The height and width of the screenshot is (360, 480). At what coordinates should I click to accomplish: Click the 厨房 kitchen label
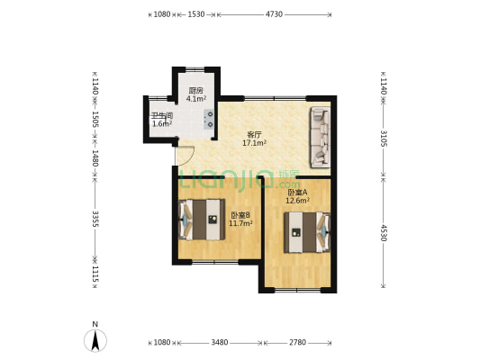(x=195, y=90)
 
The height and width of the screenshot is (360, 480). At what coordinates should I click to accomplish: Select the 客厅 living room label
(x=254, y=135)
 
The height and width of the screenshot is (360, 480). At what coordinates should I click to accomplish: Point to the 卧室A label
(x=297, y=192)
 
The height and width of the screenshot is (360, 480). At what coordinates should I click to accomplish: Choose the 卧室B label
(x=240, y=214)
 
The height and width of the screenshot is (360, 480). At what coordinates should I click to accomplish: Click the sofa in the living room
(x=320, y=138)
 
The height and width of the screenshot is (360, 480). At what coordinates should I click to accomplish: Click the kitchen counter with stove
(x=210, y=120)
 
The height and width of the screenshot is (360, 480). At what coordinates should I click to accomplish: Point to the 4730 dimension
(x=275, y=14)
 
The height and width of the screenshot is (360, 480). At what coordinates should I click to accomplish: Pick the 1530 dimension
(x=196, y=14)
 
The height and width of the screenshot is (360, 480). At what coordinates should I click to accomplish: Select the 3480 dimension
(x=219, y=343)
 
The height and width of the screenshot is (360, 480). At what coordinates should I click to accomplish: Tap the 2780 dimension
(x=298, y=343)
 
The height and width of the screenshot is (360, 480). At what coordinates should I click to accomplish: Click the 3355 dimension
(x=95, y=221)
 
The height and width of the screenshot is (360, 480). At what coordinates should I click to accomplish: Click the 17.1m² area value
(x=254, y=143)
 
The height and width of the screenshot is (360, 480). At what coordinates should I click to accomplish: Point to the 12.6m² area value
(x=297, y=201)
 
